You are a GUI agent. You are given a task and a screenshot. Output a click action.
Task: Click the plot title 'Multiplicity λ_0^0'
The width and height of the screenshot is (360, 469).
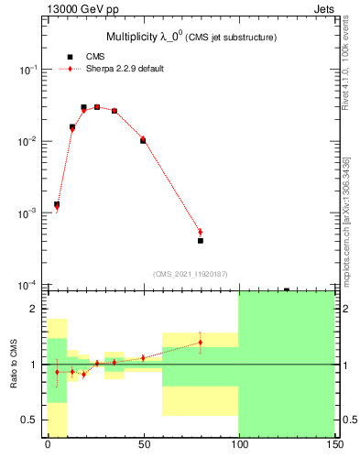pos(147,37)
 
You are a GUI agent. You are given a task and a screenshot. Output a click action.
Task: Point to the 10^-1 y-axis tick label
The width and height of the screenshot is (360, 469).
pos(29,71)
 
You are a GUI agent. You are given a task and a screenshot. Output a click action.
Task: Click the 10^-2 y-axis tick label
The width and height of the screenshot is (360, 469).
pos(29,142)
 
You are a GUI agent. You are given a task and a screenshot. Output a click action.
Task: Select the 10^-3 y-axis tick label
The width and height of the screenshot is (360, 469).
pos(29,213)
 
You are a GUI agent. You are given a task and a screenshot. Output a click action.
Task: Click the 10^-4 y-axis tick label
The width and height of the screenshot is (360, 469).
pos(29,285)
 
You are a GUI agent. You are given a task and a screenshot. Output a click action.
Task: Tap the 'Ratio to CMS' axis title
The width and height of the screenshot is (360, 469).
pos(15,364)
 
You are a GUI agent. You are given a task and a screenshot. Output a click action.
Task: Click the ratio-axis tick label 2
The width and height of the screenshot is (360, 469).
pos(34,310)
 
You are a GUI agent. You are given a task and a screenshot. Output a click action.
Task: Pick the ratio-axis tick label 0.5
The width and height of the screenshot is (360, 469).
pos(30,420)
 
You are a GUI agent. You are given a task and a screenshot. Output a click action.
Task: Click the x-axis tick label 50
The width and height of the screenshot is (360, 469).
pos(143,444)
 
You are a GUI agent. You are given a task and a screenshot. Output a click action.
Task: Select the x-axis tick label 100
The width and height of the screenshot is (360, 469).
pos(238,444)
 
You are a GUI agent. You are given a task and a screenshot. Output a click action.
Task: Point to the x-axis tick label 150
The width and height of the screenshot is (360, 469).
pos(333,444)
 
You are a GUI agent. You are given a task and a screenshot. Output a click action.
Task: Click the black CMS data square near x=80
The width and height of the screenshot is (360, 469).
pos(200,241)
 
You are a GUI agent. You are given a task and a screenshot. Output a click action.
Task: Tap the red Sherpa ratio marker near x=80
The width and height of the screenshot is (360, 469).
pos(200,343)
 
